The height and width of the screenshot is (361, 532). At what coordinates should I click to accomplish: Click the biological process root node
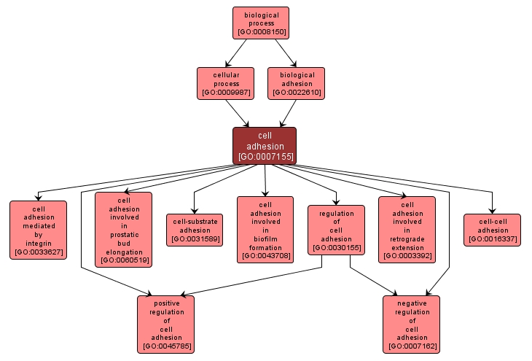(261, 23)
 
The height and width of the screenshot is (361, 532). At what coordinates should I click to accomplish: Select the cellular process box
(225, 83)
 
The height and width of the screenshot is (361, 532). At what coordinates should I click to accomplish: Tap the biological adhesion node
(296, 83)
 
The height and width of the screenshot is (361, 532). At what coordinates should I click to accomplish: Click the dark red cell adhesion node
(265, 145)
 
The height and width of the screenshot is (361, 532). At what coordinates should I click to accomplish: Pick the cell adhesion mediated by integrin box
(38, 230)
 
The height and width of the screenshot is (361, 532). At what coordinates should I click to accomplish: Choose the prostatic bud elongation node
(123, 228)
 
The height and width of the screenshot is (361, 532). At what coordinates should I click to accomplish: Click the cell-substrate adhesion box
(195, 229)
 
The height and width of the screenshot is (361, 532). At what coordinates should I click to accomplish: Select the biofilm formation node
(265, 229)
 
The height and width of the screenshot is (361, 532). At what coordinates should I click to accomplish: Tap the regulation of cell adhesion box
(337, 229)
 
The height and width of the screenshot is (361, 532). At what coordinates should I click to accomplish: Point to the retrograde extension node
(407, 229)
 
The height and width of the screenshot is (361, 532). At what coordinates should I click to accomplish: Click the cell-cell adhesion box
(493, 230)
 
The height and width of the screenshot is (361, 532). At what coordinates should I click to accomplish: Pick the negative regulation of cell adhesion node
(412, 325)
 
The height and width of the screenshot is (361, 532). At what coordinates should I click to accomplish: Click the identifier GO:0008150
(261, 32)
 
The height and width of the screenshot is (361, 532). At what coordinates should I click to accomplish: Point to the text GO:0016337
(493, 239)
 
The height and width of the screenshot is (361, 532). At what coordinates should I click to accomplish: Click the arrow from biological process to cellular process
(243, 53)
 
